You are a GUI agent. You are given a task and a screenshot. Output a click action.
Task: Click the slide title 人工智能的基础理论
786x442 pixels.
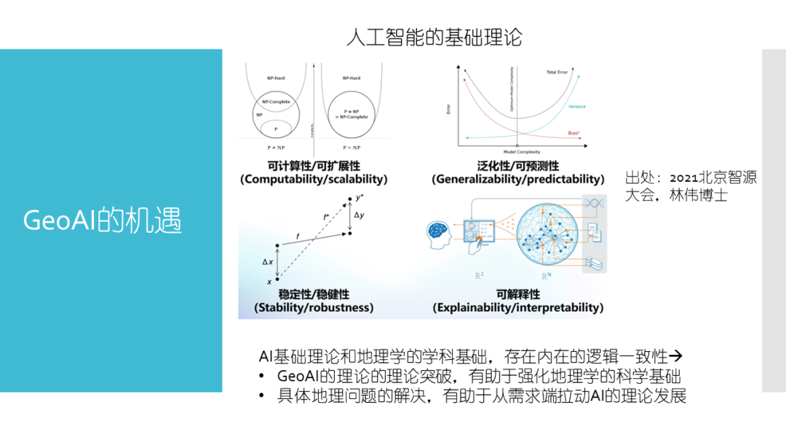coord(434,37)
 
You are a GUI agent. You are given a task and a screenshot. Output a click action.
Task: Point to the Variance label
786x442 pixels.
coord(576,107)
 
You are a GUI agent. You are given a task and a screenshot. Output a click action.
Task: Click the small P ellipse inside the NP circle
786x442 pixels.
coord(276,129)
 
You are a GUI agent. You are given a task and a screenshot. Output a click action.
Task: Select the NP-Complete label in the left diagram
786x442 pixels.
coord(277,102)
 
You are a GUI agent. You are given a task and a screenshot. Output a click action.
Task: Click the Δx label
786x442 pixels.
coord(267,261)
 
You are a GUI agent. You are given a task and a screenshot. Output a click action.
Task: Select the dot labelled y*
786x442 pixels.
coord(350,197)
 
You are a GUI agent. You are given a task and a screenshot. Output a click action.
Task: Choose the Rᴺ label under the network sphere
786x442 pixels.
coord(545,277)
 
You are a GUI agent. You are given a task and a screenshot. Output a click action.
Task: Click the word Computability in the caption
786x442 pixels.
coord(281,179)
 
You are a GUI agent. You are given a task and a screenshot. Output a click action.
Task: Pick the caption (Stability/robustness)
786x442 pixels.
coord(314,308)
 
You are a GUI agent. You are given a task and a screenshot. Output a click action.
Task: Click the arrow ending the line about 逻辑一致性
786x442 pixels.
coord(675,356)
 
